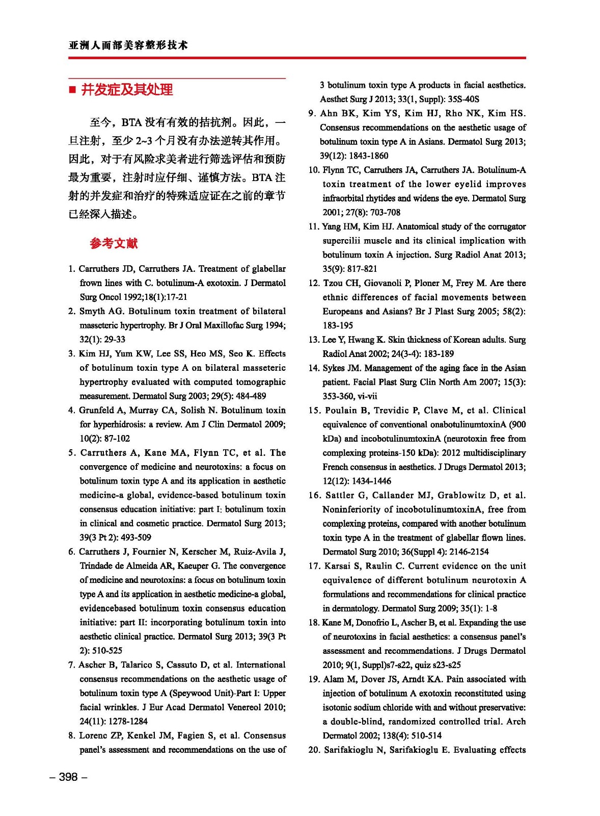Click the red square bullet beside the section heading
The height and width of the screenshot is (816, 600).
[x=72, y=90]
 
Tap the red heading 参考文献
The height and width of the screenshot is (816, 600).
[x=114, y=243]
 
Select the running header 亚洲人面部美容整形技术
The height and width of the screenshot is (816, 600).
[x=128, y=45]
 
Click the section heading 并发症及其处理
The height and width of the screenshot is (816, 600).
[x=127, y=90]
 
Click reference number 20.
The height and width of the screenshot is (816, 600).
[x=314, y=750]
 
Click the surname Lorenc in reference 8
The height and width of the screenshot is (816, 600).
[x=93, y=735]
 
